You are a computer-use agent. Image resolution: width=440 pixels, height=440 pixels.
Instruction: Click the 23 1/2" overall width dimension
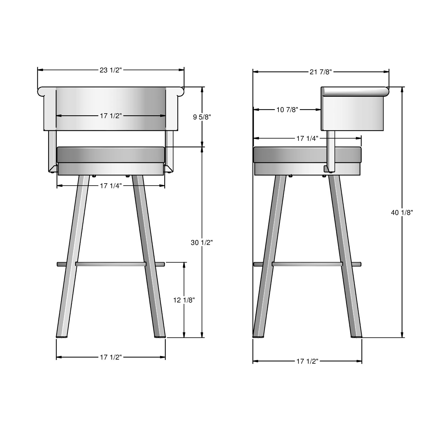(111, 70)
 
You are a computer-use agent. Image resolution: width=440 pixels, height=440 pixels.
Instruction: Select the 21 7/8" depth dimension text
(321, 72)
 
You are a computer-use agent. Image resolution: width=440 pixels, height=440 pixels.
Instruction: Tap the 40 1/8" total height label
(402, 213)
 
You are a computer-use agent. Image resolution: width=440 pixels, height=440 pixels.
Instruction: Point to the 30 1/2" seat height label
(202, 243)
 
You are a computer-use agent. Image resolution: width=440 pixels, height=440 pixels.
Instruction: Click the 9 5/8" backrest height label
(202, 117)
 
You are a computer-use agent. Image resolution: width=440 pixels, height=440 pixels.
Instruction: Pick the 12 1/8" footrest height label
(184, 300)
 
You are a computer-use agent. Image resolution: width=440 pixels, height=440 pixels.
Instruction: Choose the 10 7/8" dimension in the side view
(287, 110)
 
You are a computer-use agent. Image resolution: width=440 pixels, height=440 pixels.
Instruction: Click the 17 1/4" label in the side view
(307, 138)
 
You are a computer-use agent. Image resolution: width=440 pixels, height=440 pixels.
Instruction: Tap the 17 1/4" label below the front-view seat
(111, 186)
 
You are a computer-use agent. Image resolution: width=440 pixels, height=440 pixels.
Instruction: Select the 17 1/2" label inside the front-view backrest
(111, 116)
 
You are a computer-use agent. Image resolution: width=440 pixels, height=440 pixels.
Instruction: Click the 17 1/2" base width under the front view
(111, 357)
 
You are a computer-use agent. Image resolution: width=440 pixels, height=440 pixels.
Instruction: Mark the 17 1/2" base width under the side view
(307, 361)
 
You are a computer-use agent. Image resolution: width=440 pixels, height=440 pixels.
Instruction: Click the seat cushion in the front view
(111, 155)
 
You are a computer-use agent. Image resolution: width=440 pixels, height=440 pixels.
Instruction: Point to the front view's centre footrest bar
(111, 264)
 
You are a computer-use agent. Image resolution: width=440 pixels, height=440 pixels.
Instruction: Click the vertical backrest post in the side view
(331, 150)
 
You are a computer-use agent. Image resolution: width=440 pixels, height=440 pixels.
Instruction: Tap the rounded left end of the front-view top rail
(41, 91)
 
